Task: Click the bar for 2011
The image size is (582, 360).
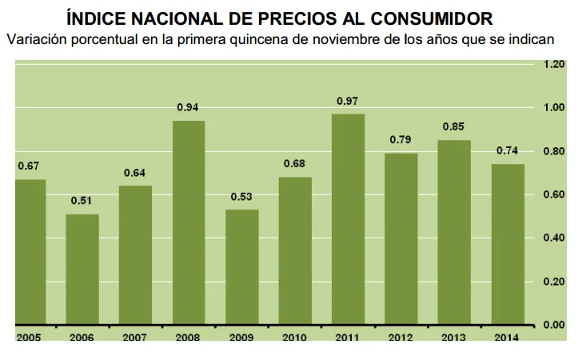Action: click(348, 219)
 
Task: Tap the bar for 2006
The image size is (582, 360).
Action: click(82, 269)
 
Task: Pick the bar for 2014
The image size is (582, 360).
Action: click(508, 244)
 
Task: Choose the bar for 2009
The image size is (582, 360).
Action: click(241, 267)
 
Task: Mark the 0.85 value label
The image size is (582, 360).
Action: click(454, 126)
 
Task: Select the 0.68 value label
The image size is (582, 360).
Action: click(294, 164)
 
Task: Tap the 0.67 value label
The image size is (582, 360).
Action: click(29, 166)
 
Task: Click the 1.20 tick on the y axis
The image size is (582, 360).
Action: click(554, 64)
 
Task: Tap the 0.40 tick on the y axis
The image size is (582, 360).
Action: click(554, 238)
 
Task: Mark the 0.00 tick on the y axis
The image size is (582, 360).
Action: click(554, 325)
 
